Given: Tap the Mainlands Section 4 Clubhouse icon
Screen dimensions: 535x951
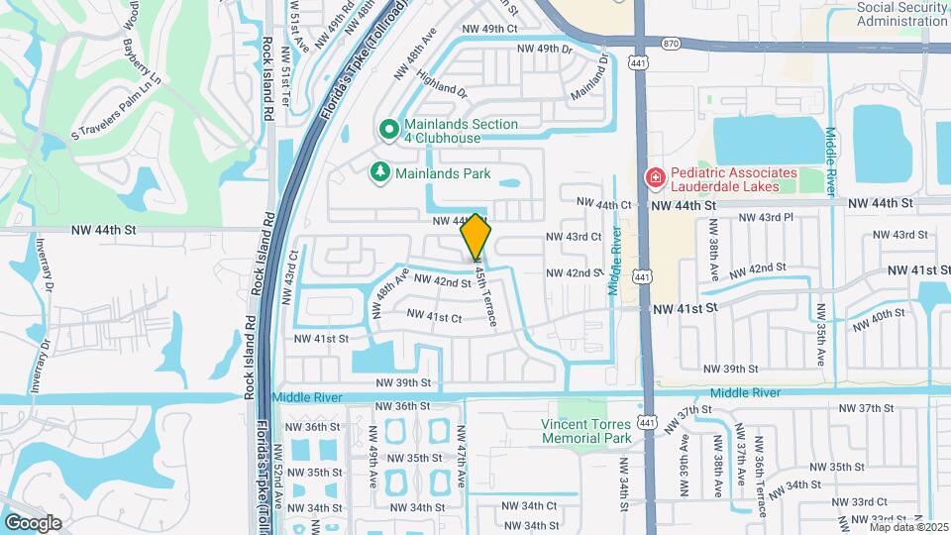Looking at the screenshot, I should [388, 130].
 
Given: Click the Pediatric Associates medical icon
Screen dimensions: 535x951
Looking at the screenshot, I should [654, 177].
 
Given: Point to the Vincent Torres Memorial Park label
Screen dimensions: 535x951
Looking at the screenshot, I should [585, 431].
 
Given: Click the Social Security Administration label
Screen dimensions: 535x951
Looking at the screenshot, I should [901, 13].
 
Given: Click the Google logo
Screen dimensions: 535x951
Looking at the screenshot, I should [33, 522].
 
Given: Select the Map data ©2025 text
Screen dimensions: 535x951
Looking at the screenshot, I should [908, 527].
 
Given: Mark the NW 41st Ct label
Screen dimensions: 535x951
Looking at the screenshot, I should [435, 317].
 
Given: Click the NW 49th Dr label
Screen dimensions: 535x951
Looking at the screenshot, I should [544, 48].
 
